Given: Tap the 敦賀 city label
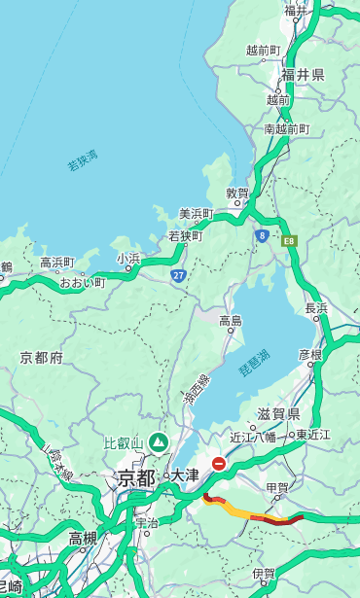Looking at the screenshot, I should (237, 193).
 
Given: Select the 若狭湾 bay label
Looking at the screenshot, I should (83, 161).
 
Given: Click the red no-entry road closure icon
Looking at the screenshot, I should (219, 465).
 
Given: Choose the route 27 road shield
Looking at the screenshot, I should (179, 275).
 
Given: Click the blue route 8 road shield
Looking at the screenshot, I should (262, 235).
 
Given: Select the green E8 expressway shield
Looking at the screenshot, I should (288, 240).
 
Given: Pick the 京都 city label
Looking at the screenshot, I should (136, 477).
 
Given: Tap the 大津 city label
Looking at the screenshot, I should (184, 476).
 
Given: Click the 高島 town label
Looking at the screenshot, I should (231, 320).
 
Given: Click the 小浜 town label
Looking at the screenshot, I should (127, 258).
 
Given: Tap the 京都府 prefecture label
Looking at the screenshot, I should (42, 358).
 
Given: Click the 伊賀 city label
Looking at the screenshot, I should (264, 574).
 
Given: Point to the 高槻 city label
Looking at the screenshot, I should (84, 538).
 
